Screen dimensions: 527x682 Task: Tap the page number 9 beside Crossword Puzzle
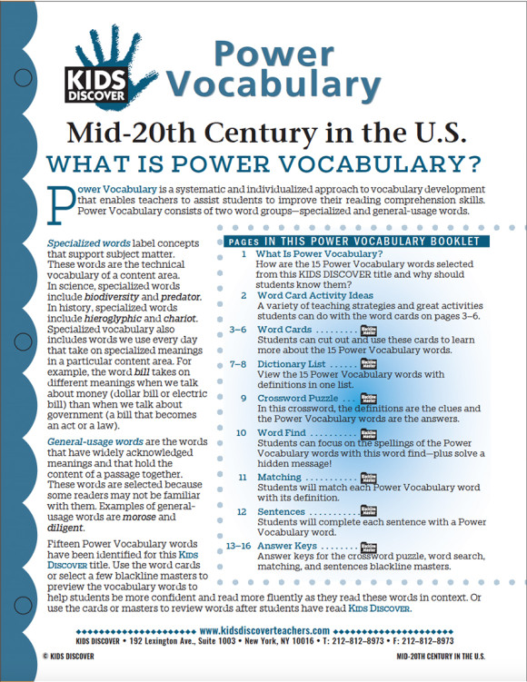[x=243, y=398]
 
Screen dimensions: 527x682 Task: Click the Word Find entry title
[x=282, y=432]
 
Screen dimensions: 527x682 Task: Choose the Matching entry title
[x=279, y=476]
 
